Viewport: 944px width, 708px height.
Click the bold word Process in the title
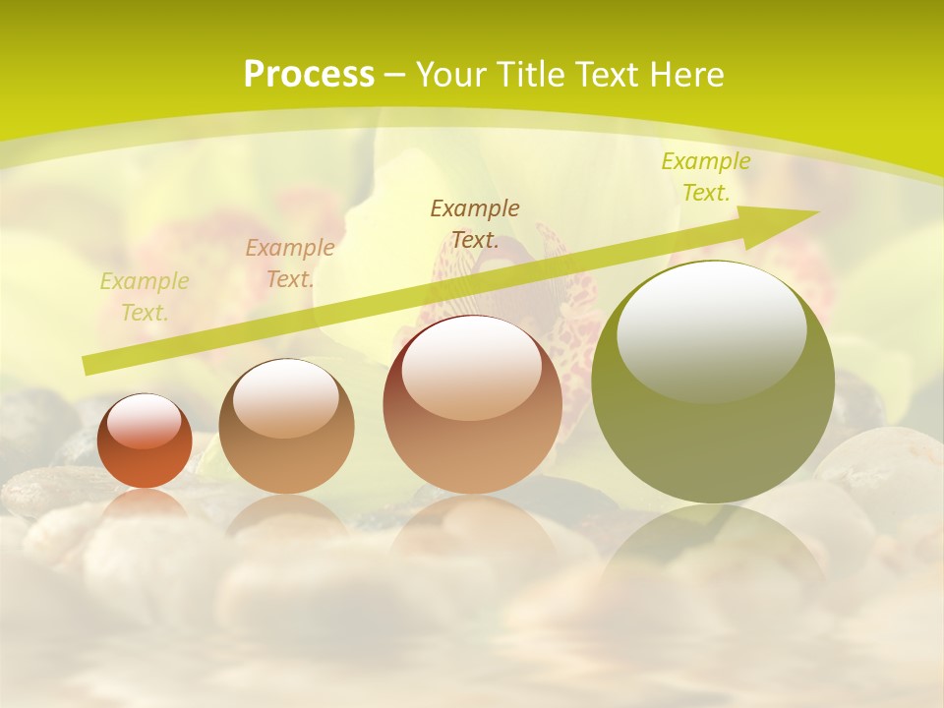309,75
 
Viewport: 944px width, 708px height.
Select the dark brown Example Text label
475,223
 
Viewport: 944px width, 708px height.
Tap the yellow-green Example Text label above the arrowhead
705,177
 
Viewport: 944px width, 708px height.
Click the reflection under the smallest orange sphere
145,503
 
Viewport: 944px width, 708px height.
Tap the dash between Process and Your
394,76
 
